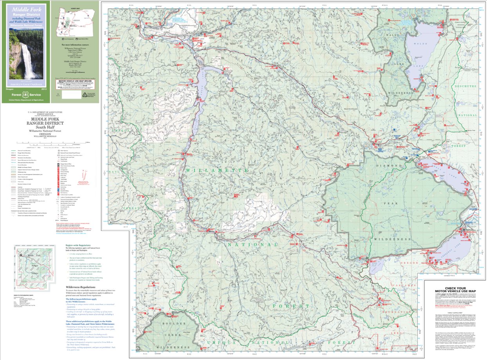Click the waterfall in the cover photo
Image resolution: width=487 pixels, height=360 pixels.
click(28, 61)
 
